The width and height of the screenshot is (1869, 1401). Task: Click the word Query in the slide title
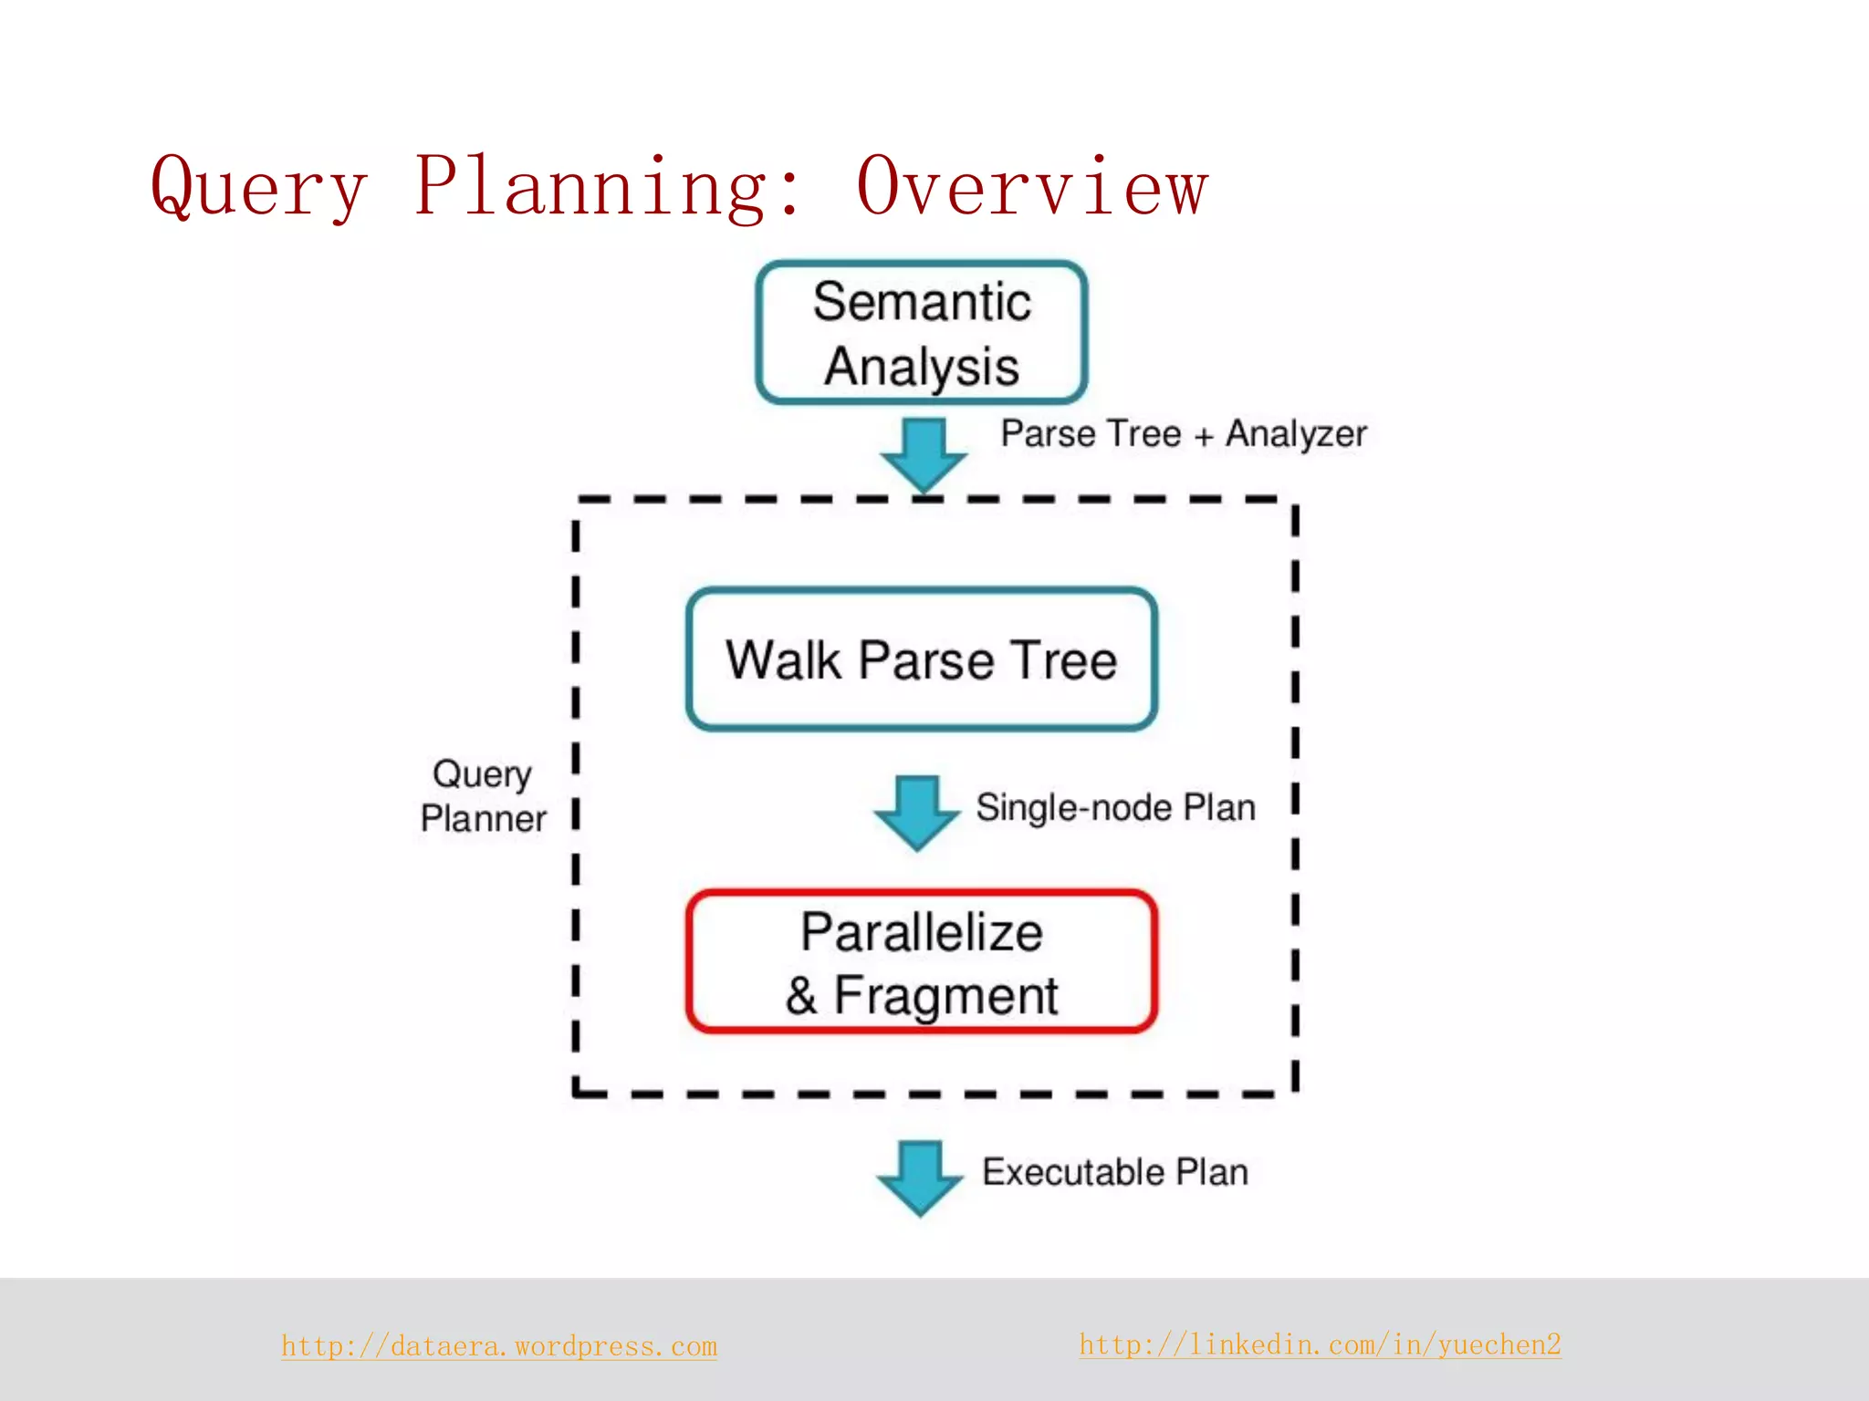(259, 187)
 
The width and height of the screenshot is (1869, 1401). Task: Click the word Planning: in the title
(609, 187)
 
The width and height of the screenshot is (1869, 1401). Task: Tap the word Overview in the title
(1032, 187)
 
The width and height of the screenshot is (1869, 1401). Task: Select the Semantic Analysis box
(922, 333)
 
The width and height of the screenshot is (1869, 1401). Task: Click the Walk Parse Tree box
(922, 659)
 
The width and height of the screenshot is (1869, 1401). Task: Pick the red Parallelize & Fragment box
(922, 962)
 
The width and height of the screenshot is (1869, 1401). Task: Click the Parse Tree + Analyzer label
(1184, 434)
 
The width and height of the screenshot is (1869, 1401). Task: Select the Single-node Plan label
(1115, 808)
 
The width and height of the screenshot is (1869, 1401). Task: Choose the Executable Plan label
(1115, 1172)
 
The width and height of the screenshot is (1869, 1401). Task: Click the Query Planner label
(483, 796)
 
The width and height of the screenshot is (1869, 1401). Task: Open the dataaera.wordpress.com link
(499, 1346)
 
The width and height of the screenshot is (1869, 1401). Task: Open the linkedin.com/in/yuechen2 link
(1320, 1344)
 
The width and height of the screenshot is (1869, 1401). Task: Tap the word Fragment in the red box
(945, 996)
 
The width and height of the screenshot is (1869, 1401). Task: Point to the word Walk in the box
(783, 659)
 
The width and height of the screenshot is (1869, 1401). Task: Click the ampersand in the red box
(801, 996)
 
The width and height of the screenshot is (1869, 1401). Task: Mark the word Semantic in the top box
(922, 302)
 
